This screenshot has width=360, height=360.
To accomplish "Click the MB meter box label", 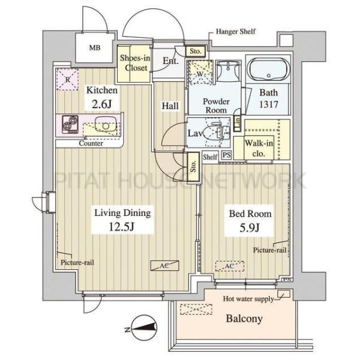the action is coord(95,48).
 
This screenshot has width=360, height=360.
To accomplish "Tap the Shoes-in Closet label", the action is coord(135,62).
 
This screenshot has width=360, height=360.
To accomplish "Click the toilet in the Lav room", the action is coord(220,133).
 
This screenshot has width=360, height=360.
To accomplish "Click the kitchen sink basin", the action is coord(106,125).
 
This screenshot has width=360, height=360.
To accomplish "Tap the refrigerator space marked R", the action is coord(67,79).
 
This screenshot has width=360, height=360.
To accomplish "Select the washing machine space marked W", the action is coord(200,73).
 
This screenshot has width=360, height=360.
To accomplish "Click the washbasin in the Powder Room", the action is coord(228,71).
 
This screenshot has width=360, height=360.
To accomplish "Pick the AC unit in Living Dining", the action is coord(164,266).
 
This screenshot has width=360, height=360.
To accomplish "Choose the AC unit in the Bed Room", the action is coord(230,266).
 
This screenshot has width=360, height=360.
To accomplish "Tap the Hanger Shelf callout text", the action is coord(236,31).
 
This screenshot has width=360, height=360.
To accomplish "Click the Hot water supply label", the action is coord(248,299).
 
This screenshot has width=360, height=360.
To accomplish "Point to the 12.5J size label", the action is coord(122,227).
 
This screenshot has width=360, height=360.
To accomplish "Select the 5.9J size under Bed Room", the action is coord(250,228).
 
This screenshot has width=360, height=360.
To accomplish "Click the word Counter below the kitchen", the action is coord(91,143).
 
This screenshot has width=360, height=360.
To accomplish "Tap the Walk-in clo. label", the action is coord(259,148).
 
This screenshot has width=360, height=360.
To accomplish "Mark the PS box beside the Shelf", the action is coord(227,155).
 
